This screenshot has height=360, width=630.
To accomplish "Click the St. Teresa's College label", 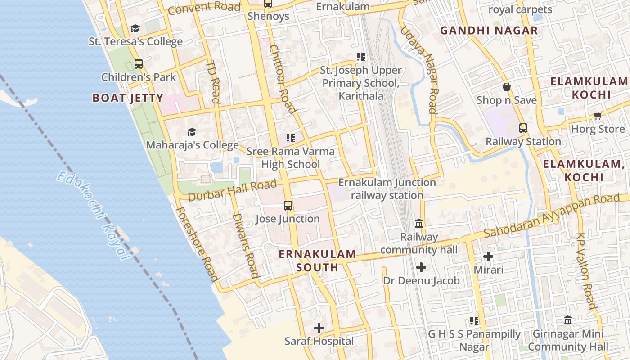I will coord(135,41).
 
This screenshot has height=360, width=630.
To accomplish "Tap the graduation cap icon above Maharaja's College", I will coord(192,132).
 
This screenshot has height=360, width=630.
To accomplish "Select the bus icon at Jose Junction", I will coord(288,206).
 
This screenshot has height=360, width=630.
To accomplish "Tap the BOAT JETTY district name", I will coord(128,98).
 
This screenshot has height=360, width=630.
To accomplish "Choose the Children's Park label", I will coord(139,77).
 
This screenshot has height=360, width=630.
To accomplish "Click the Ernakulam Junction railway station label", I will coord(387,189).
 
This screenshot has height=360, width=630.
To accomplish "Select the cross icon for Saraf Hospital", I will coord(319,328).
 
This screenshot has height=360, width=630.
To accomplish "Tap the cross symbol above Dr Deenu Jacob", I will coord(421,267).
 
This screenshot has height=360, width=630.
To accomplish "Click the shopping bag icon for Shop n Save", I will coord(507,87).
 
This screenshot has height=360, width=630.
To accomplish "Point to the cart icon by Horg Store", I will coord(598,116).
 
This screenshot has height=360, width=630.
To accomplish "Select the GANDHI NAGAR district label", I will coord(489,31).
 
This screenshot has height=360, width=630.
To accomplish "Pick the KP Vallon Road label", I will coord(586,271).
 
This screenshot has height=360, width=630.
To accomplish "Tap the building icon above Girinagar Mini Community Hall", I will coord(568,320).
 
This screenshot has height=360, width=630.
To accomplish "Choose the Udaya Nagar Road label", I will coord(418,69).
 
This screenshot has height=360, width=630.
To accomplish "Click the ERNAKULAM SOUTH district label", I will coord(317,261).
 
